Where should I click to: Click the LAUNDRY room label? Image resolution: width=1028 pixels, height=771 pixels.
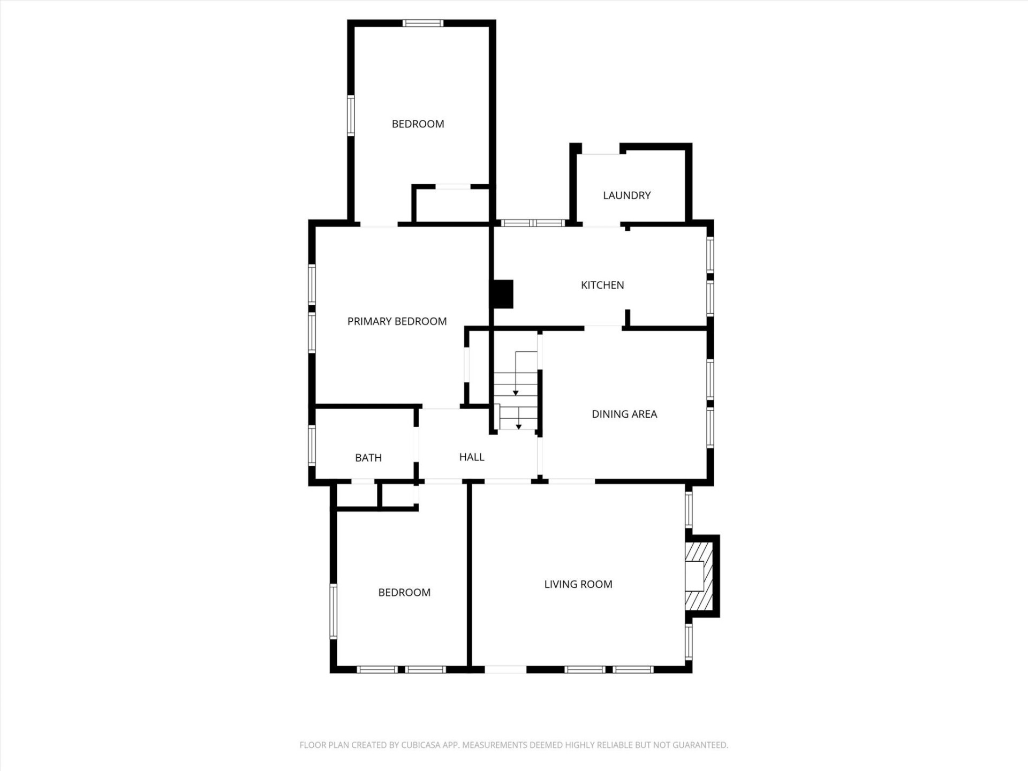[x=626, y=195]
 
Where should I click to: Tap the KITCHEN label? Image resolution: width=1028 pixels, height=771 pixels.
[x=602, y=285]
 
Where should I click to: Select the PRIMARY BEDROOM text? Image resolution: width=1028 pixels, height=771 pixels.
[x=397, y=321]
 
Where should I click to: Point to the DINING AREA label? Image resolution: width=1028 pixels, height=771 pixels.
[x=624, y=414]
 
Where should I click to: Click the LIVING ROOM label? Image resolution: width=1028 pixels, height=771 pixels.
[x=578, y=584]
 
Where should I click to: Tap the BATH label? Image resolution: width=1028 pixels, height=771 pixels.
[x=368, y=458]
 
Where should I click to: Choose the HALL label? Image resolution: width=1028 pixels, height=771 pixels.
[x=472, y=457]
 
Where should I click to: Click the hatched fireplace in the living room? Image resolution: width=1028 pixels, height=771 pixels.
[x=699, y=576]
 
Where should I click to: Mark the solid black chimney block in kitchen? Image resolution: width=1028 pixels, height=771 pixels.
[x=503, y=294]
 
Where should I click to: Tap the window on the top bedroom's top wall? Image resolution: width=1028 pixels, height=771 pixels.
[x=422, y=23]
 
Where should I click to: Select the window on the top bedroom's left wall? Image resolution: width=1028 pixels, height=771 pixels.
[x=351, y=115]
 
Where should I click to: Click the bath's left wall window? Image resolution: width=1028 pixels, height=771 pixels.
[x=312, y=444]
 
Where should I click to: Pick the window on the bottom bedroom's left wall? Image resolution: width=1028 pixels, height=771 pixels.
[x=333, y=611]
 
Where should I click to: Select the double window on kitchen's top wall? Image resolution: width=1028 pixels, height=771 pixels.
[x=533, y=223]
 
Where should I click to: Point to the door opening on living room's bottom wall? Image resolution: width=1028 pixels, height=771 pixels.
[x=505, y=669]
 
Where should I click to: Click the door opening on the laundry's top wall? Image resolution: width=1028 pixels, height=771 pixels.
[x=600, y=150]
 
